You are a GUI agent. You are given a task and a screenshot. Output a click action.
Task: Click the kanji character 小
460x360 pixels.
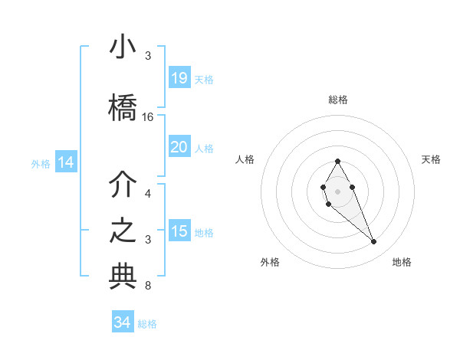(x=123, y=47)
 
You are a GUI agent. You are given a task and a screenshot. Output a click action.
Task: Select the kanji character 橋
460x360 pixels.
(x=123, y=108)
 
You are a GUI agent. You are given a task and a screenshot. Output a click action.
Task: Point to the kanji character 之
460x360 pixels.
(x=123, y=231)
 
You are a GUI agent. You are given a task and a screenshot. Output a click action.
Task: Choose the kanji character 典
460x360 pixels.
(x=123, y=277)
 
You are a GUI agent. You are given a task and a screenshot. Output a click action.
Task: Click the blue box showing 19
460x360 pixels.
(x=179, y=78)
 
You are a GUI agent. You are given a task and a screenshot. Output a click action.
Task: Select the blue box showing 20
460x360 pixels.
(x=179, y=147)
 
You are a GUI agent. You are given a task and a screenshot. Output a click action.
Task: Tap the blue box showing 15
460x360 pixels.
(x=179, y=231)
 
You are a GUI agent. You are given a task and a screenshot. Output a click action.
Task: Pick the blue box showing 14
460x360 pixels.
(x=65, y=162)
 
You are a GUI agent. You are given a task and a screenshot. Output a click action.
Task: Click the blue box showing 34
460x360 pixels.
(x=123, y=322)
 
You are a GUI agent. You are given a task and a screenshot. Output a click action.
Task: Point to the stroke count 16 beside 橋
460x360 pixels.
(x=148, y=117)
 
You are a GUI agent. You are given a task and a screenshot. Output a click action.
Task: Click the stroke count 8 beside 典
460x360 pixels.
(x=148, y=286)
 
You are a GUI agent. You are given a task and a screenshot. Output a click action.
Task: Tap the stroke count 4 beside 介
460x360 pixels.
(x=148, y=194)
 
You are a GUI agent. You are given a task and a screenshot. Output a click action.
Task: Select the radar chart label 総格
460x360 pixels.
(x=338, y=100)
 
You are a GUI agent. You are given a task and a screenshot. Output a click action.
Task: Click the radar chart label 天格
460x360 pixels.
(x=431, y=159)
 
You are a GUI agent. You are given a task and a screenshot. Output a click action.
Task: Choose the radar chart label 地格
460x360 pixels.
(x=402, y=262)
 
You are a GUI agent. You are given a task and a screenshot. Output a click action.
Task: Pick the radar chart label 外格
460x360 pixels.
(x=270, y=262)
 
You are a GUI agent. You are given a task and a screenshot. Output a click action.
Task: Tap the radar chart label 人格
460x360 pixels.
(x=245, y=159)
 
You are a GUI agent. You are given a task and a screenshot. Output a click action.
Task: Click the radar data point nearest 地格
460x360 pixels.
(x=374, y=242)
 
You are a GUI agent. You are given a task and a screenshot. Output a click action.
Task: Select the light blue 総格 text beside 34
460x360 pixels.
(x=147, y=324)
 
